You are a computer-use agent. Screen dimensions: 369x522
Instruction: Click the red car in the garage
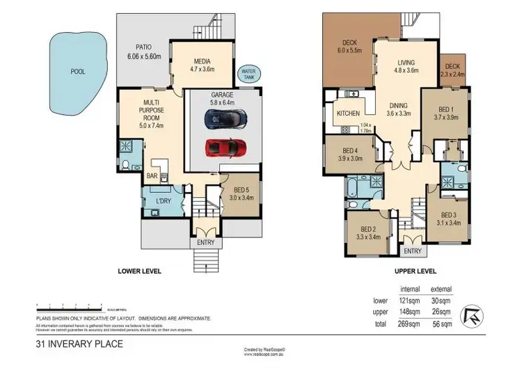225,148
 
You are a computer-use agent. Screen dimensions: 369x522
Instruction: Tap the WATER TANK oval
247,73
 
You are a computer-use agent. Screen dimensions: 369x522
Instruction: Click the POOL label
78,72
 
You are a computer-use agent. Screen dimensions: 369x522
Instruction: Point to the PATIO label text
144,47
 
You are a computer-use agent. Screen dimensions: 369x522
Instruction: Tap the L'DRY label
163,202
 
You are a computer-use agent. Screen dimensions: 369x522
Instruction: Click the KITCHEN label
347,113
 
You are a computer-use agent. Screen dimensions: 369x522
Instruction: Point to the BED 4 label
349,150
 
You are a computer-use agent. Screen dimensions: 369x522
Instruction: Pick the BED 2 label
367,228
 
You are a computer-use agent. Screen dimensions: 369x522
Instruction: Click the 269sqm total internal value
409,324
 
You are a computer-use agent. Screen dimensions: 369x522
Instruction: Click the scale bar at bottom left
70,306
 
